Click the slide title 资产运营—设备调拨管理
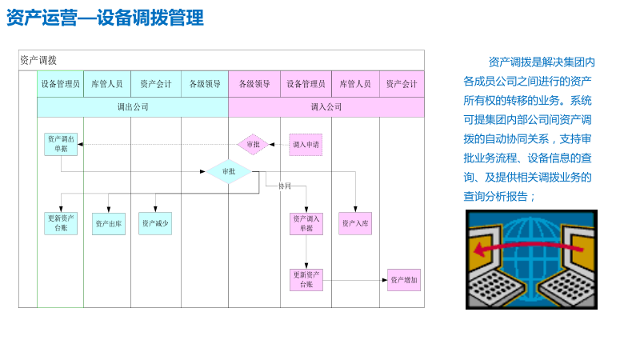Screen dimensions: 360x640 105,18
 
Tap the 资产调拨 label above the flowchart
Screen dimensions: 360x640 38,60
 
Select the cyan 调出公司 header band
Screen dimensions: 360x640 133,106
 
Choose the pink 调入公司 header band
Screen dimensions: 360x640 326,106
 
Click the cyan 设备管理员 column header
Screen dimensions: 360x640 61,83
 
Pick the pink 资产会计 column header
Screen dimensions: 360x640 402,83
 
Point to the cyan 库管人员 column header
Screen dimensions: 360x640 107,83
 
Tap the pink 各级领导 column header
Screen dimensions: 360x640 254,83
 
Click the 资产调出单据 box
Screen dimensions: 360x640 61,144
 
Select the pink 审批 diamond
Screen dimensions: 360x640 254,145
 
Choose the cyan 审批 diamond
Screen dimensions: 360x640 229,171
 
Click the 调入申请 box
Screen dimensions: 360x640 306,145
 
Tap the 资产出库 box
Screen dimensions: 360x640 109,224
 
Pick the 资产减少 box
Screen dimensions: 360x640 155,223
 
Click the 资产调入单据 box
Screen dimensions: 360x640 306,223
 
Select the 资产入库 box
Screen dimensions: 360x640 355,223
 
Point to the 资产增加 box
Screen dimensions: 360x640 404,280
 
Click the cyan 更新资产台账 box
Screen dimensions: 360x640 61,223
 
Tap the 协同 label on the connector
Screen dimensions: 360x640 285,186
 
